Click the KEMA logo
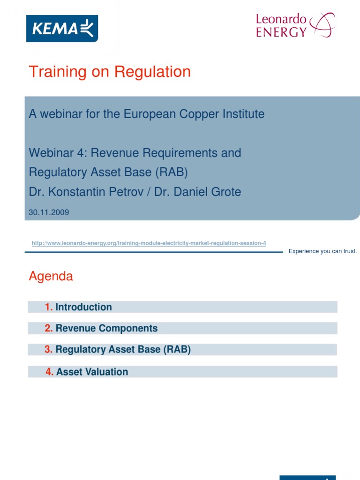[x=62, y=28]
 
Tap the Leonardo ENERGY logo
[x=295, y=25]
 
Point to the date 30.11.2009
[x=49, y=212]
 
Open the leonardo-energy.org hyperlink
[x=149, y=243]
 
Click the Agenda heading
[x=51, y=276]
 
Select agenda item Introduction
[x=83, y=307]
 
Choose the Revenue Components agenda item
[x=106, y=328]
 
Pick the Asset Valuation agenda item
[x=92, y=372]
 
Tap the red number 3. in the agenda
[x=49, y=350]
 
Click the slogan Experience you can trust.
[x=322, y=251]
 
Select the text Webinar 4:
[x=55, y=153]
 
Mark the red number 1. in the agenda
[x=49, y=307]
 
